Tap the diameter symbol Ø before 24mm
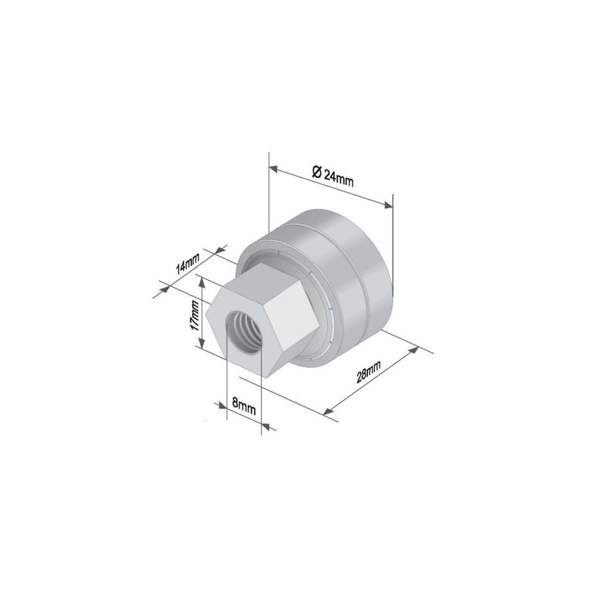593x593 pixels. [317, 172]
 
